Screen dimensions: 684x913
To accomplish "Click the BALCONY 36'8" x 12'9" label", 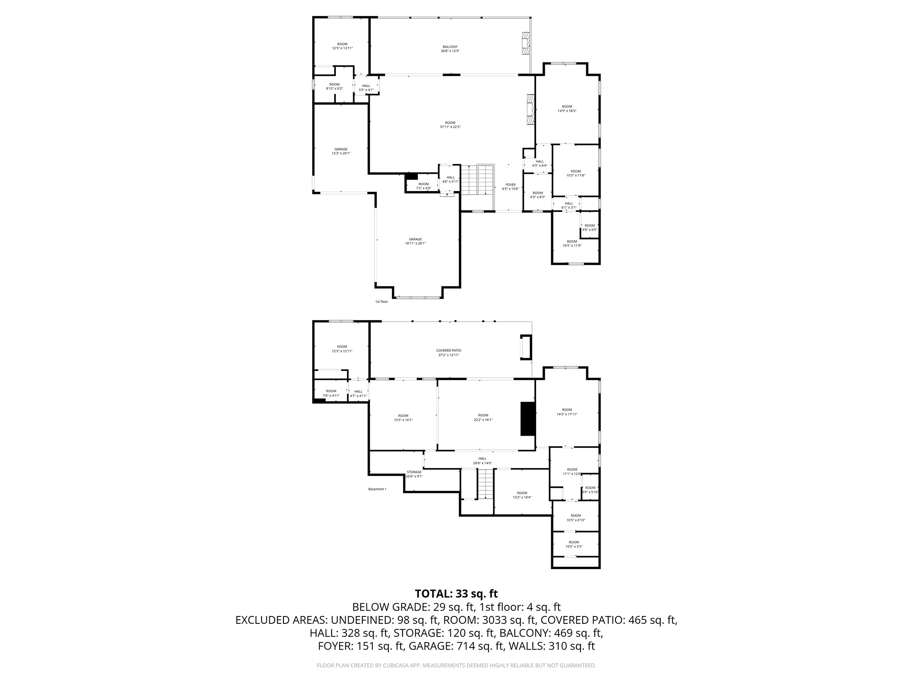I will (450, 49).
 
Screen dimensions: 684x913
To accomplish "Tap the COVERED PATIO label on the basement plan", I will (449, 353).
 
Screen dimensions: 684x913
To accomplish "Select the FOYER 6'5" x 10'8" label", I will (510, 187).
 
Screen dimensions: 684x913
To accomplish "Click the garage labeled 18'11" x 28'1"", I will (415, 241).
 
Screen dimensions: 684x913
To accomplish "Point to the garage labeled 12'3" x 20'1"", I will (341, 151).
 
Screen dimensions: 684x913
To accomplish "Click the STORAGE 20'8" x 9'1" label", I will (414, 474).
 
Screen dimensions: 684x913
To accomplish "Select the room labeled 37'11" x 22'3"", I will (450, 125).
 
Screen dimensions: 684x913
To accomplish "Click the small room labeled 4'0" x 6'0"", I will (590, 228).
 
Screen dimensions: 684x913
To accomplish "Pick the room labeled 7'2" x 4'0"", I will (424, 186).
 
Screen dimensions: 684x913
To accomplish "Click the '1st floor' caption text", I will (381, 302).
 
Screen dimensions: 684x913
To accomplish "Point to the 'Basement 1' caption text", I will (377, 489).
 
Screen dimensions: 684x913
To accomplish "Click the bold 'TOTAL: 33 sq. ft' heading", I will (456, 594).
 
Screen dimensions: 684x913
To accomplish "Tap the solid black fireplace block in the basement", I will (528, 418).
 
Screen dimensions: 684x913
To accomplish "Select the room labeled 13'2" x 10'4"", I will (522, 495).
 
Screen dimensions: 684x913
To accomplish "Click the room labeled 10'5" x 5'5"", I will (574, 544).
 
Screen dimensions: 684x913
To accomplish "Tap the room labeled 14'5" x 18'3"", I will (567, 109).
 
